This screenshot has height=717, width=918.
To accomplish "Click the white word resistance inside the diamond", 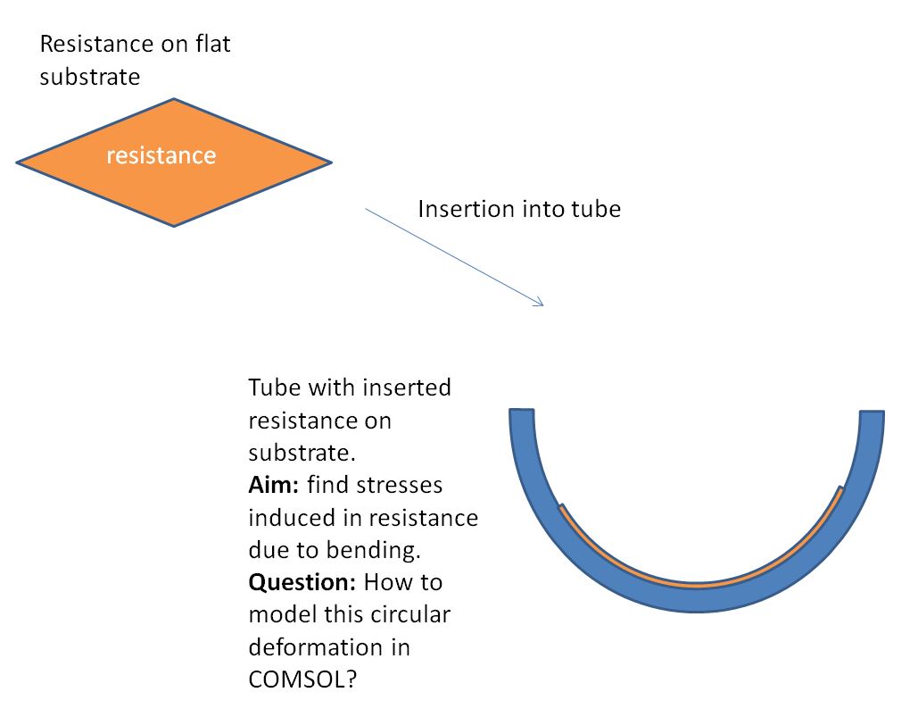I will click(161, 155).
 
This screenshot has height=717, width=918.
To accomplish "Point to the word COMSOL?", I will click(302, 679).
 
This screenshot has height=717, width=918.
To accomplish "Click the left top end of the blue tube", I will click(522, 413).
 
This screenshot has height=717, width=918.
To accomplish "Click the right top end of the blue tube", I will click(871, 414).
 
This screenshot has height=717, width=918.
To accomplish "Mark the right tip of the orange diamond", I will click(329, 163).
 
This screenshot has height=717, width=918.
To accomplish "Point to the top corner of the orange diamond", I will click(175, 100).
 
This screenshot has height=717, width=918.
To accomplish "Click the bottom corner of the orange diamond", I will click(174, 224).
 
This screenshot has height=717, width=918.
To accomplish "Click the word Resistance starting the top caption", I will click(90, 43).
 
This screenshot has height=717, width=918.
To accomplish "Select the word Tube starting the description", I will click(270, 388).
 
